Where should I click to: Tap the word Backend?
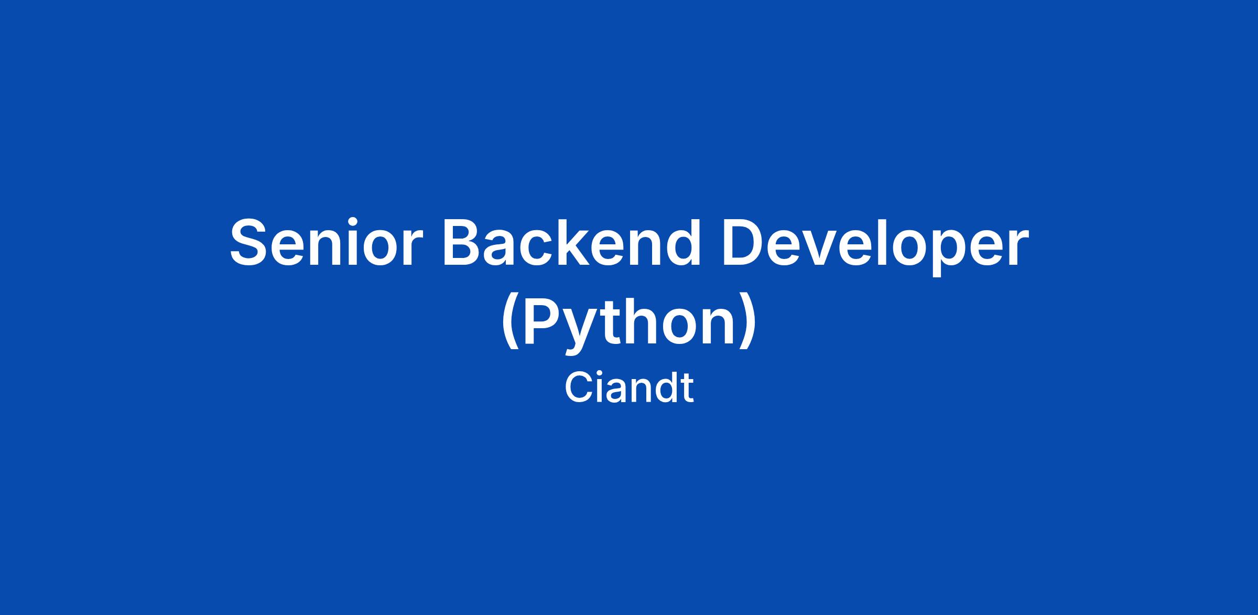click(x=572, y=242)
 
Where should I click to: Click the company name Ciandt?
click(x=629, y=387)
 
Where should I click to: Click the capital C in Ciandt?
click(x=578, y=387)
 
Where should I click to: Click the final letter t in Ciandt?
click(x=687, y=390)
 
